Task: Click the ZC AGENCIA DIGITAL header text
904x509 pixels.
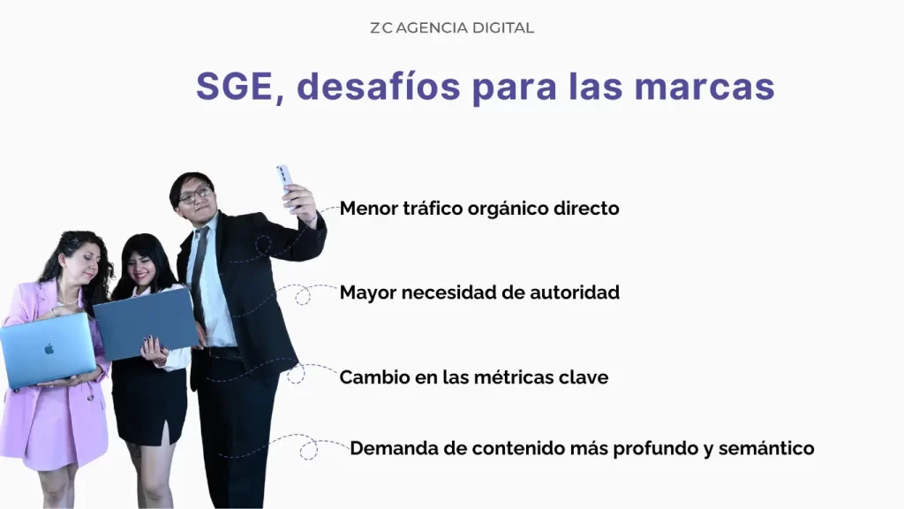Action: pyautogui.click(x=452, y=27)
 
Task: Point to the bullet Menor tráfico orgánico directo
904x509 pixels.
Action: pyautogui.click(x=479, y=209)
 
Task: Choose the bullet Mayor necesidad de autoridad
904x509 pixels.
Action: pyautogui.click(x=479, y=292)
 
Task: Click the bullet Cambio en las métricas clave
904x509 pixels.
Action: pyautogui.click(x=473, y=377)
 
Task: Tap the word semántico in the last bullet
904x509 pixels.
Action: pyautogui.click(x=765, y=448)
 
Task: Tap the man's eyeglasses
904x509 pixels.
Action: pyautogui.click(x=196, y=194)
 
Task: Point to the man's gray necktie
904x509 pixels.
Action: pyautogui.click(x=199, y=265)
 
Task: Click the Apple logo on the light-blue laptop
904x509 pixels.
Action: pyautogui.click(x=49, y=349)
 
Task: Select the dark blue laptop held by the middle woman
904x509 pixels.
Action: pyautogui.click(x=146, y=323)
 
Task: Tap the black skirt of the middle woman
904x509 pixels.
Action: pyautogui.click(x=148, y=402)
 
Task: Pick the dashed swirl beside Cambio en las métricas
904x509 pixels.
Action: pyautogui.click(x=297, y=374)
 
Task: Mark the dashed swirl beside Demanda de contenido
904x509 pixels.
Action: pyautogui.click(x=307, y=449)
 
